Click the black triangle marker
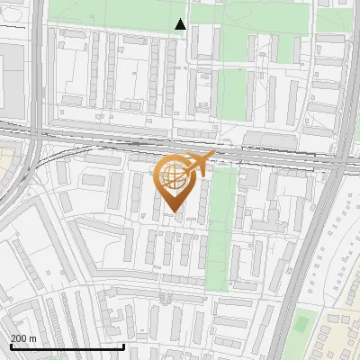tap(180, 24)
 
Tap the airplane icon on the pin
tap(200, 165)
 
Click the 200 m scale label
tap(24, 337)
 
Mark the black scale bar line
tap(67, 346)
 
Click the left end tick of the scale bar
tap(11, 345)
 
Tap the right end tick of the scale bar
tap(123, 345)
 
